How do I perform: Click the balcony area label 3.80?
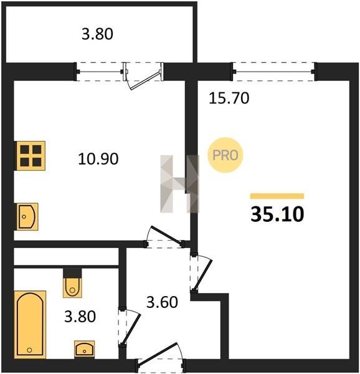97,34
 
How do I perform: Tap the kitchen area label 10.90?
98,159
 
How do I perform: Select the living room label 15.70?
229,98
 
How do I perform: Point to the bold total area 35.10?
277,214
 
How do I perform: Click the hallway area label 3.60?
162,302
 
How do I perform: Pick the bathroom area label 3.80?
80,317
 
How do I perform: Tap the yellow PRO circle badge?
225,155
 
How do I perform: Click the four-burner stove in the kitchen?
31,156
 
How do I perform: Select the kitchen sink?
27,216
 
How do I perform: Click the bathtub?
30,324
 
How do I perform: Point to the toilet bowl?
72,287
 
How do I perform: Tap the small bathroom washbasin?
84,350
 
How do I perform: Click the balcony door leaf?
145,80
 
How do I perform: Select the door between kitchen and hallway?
165,236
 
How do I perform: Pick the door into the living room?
203,274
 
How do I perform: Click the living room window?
273,72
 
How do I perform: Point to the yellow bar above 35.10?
277,196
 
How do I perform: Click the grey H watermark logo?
179,184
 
